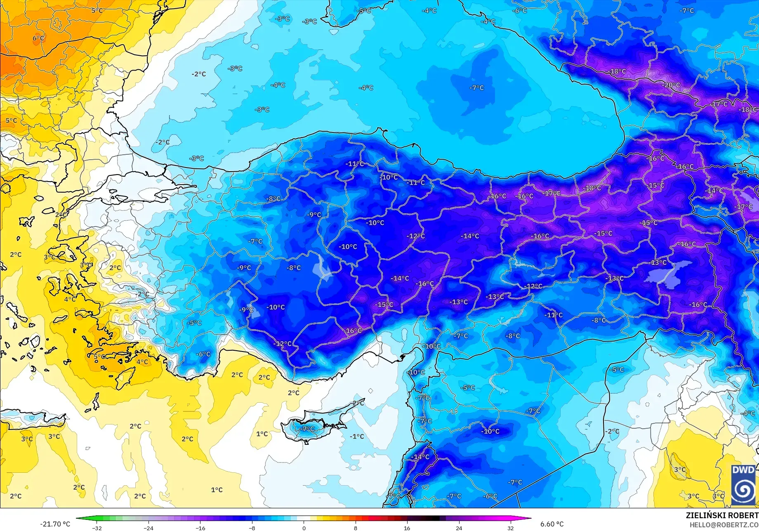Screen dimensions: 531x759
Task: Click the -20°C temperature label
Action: coord(671,85)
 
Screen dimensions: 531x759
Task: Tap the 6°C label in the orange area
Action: coord(38,38)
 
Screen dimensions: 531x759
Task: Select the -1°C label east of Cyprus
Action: coord(357,436)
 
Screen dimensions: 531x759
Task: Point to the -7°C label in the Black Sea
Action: coord(476,87)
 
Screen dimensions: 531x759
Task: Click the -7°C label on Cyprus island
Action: coord(307,429)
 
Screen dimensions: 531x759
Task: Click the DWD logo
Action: coord(743,484)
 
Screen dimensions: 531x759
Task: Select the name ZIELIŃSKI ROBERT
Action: coord(722,515)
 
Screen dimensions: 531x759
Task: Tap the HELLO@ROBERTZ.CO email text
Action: coord(724,524)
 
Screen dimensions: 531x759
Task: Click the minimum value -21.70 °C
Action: coord(55,524)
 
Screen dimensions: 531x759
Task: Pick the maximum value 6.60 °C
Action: coord(552,524)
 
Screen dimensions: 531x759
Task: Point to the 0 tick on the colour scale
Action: coord(304,528)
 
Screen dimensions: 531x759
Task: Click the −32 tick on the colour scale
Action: coord(97,528)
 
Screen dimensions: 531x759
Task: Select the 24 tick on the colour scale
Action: coord(459,528)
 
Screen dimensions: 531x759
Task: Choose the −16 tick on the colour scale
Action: coord(200,528)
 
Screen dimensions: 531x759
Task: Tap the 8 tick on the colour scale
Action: coord(356,528)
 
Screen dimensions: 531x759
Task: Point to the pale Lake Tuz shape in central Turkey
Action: coord(322,269)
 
